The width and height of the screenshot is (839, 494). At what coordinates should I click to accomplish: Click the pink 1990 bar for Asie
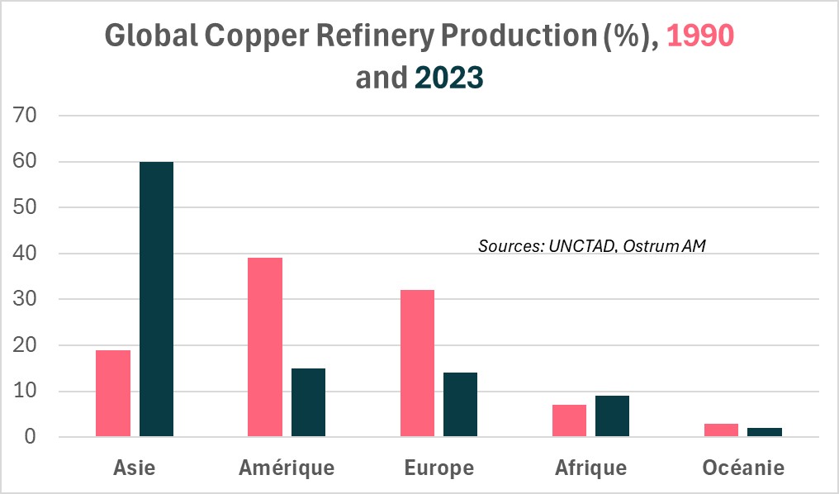pos(113,393)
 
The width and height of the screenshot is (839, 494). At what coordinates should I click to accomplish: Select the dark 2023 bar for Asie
pos(156,299)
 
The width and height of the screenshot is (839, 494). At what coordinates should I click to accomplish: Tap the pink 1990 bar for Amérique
pos(265,347)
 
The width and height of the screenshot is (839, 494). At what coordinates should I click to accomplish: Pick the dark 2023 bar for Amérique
pos(308,402)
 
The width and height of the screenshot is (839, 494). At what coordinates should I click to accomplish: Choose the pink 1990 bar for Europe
pos(417,363)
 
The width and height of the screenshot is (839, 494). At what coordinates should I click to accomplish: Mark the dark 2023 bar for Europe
pos(460,405)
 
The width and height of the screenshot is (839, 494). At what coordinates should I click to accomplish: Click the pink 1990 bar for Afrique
pos(569,420)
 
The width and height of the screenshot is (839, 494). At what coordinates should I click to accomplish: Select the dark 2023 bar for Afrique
pos(612,416)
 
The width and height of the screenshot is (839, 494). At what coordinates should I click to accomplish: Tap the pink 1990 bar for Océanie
pos(721,430)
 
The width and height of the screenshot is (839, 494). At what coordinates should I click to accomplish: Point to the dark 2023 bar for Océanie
pos(765,432)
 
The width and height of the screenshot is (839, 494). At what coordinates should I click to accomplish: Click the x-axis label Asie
pos(134,468)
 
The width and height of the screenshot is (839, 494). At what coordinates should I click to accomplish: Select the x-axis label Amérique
pos(287,468)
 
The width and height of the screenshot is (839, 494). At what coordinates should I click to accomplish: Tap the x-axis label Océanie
pos(743,468)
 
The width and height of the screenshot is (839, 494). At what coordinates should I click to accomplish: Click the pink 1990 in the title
pos(699,36)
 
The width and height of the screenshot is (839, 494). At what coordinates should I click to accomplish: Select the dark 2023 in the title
pos(448,78)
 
